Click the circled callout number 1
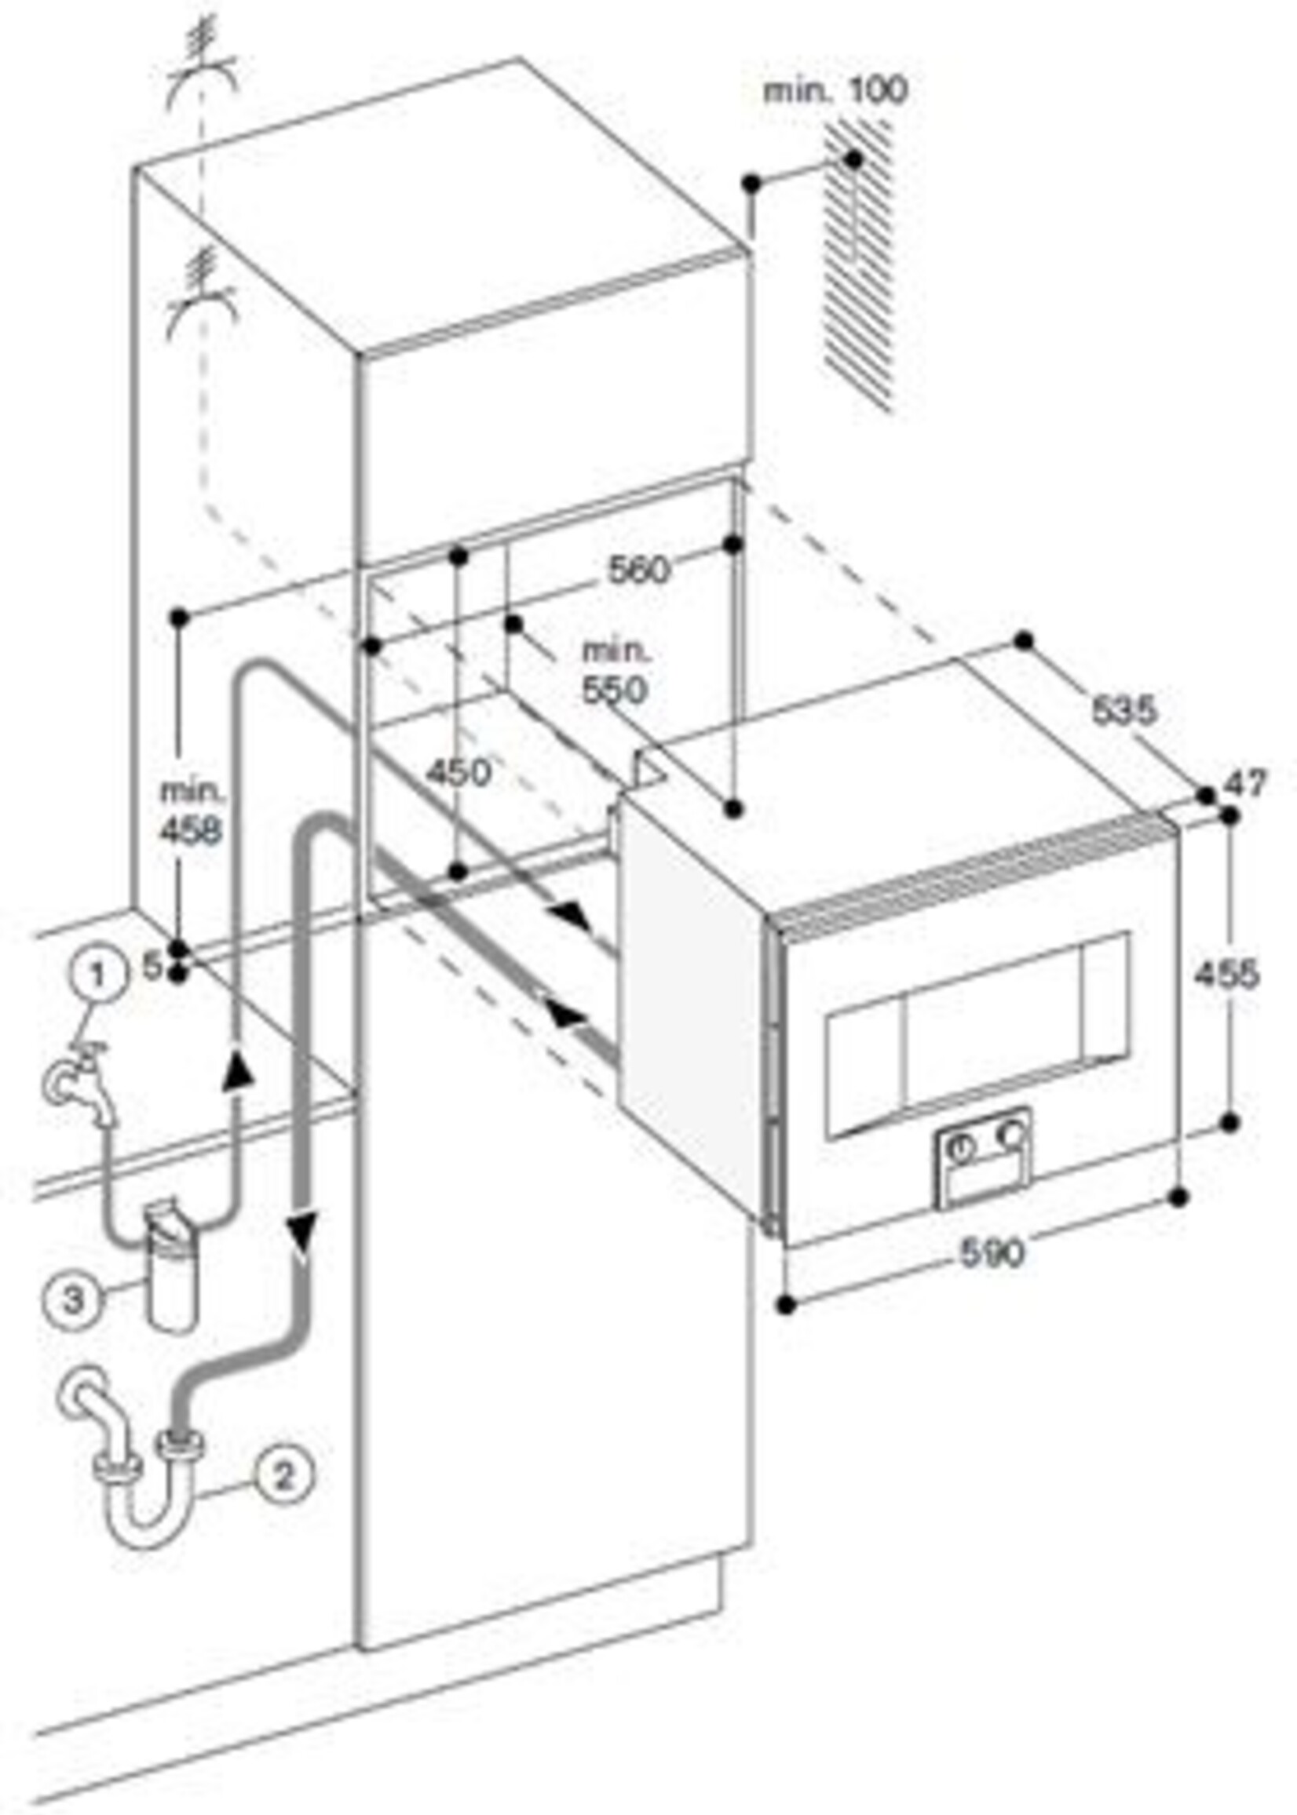tap(97, 974)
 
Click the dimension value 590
tap(991, 1252)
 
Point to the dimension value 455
tap(1226, 974)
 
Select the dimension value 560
tap(638, 570)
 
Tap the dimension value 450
tap(458, 772)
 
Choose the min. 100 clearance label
tap(835, 90)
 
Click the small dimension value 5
tap(152, 968)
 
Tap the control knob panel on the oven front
tap(982, 1155)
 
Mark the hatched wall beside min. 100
tap(860, 264)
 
